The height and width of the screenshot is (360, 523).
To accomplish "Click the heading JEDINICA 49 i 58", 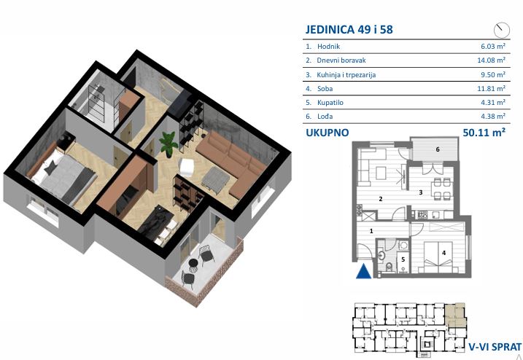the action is pos(349,29).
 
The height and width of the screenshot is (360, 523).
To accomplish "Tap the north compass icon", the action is pos(502,30).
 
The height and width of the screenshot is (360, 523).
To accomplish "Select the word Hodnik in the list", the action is pos(328,47).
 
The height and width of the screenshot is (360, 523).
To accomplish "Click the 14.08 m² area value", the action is pos(491,60).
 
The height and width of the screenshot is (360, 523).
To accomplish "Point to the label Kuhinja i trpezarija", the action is pos(346,74).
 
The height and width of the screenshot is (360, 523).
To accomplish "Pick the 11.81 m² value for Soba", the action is pos(491,89).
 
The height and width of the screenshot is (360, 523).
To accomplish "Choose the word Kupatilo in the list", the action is pos(330,103).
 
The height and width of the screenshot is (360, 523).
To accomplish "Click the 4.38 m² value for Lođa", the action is pos(493,117).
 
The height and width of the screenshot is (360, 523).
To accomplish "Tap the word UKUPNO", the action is pos(328,133).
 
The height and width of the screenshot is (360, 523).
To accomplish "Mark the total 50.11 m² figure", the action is pos(484,133).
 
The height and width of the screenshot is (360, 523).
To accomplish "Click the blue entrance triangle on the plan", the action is pos(363,271).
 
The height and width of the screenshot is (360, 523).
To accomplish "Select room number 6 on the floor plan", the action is pos(438,149).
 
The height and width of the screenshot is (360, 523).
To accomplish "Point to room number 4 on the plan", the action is pos(443,253).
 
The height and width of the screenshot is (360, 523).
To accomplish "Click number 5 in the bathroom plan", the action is pos(403,259).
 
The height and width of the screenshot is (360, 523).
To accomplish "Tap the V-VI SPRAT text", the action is pos(495,347).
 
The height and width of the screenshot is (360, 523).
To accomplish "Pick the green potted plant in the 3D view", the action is pos(168,144).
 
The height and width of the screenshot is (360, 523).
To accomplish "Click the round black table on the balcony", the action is pos(193,264).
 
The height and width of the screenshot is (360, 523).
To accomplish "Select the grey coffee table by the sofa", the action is pos(215,179).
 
